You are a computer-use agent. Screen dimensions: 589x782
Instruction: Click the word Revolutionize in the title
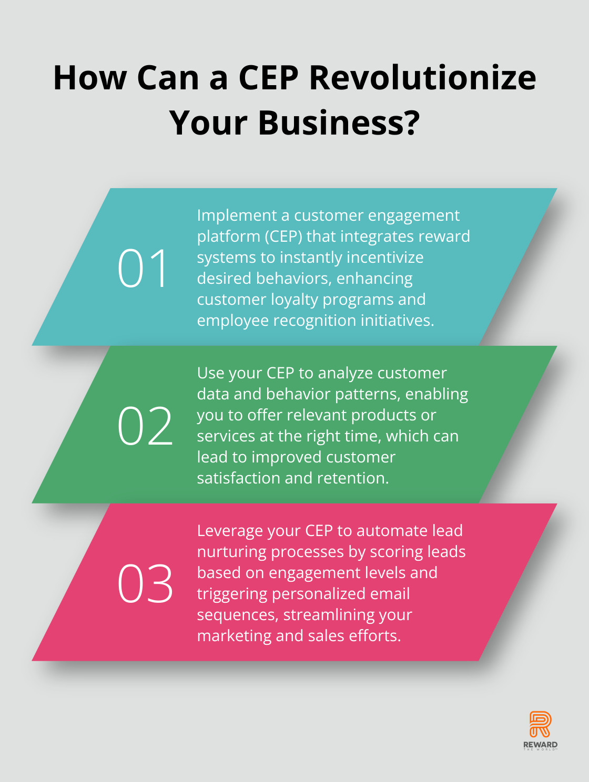[x=422, y=77]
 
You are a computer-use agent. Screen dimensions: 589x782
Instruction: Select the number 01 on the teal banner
[x=142, y=268]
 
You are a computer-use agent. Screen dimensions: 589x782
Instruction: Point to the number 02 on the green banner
[x=145, y=426]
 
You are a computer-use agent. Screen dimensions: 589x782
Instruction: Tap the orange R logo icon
[x=540, y=724]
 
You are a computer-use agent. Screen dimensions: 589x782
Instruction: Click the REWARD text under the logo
[x=540, y=744]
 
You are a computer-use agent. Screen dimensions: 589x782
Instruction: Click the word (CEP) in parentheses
[x=283, y=236]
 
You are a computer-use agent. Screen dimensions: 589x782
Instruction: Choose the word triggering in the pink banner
[x=232, y=594]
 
